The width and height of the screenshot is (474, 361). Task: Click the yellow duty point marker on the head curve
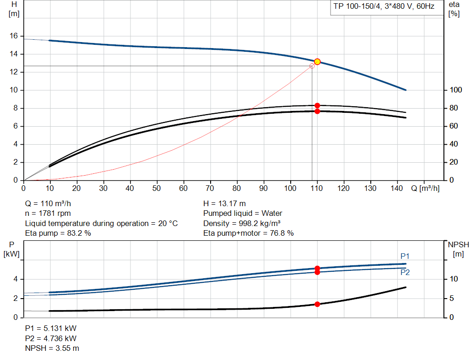[317, 61]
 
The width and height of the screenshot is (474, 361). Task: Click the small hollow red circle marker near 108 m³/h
[312, 66]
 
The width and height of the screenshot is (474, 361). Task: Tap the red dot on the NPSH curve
[317, 304]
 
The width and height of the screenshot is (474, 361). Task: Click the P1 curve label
[405, 256]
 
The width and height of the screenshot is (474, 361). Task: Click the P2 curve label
[405, 273]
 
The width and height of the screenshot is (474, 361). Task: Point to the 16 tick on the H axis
[13, 36]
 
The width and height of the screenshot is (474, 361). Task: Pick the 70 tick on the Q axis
[211, 189]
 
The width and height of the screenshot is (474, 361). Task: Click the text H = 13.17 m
[225, 203]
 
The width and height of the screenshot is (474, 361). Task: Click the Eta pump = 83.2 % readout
[58, 233]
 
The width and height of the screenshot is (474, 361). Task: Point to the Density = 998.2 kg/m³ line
[243, 223]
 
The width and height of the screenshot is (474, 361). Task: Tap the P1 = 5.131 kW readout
[50, 328]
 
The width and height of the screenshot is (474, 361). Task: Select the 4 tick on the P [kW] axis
[16, 279]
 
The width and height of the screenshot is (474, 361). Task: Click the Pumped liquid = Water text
[243, 214]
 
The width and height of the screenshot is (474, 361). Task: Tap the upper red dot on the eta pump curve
[317, 105]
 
